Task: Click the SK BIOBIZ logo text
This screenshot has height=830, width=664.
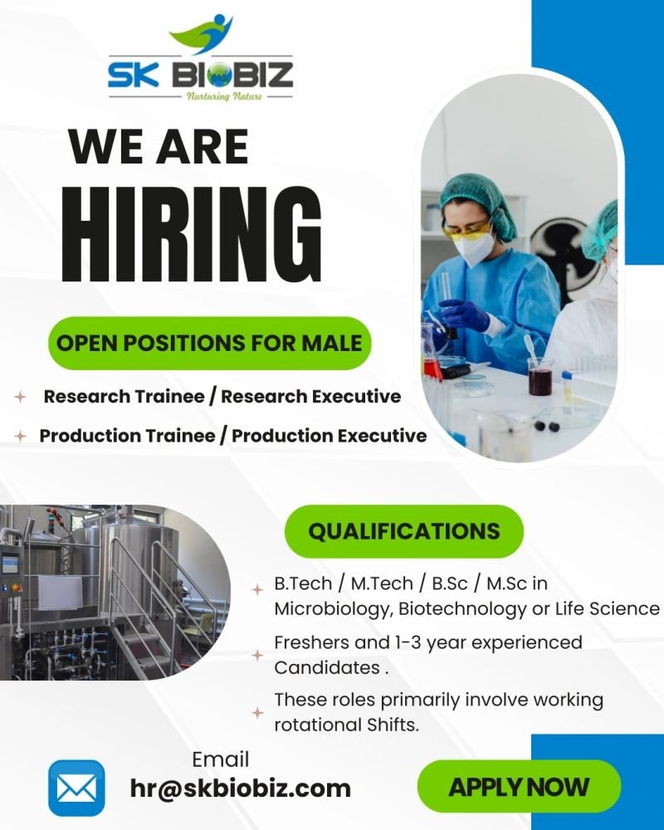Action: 200,75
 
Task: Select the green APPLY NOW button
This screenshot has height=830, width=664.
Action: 519,786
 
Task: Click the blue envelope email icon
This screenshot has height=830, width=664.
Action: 76,787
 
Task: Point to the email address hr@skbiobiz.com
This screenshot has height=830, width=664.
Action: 241,788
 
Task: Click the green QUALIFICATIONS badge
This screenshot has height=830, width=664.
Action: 404,531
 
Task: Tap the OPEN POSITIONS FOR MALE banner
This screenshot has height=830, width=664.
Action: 209,343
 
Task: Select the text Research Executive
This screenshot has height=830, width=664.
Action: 311,397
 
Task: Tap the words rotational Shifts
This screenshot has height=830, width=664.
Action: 346,724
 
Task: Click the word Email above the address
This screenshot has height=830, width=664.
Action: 221,759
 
